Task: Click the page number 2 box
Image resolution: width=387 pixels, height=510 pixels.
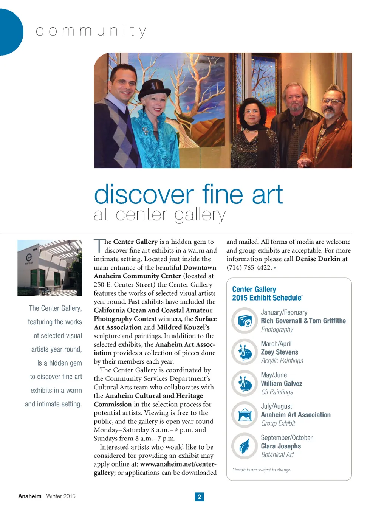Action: coord(199,496)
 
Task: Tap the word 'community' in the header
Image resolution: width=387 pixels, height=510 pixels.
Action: coord(91,31)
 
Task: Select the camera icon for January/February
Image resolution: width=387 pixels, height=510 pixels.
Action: coord(245,321)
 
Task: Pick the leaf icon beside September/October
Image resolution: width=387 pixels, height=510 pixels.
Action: coord(245,446)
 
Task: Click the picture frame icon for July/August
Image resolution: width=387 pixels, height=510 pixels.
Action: coord(245,414)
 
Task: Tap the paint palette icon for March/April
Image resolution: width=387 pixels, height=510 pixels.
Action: coord(245,352)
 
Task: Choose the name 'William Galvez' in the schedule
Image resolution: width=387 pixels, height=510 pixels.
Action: coord(282,383)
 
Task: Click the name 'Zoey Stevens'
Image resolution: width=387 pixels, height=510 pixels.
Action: coord(279,352)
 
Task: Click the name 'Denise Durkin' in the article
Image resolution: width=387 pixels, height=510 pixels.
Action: coord(317,259)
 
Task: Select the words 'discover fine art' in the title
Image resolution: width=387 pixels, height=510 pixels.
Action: coord(188,195)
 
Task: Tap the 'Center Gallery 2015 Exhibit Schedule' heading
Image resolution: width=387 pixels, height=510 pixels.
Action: coord(267,293)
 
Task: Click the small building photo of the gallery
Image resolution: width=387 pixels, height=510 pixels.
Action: coord(50,268)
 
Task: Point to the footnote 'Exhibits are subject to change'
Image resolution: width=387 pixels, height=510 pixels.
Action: coord(262,470)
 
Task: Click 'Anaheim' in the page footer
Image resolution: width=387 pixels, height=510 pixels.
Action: coord(29,496)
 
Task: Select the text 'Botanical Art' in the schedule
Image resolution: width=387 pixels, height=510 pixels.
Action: coord(277,454)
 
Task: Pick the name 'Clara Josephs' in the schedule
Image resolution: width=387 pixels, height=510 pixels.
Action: coord(281,446)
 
